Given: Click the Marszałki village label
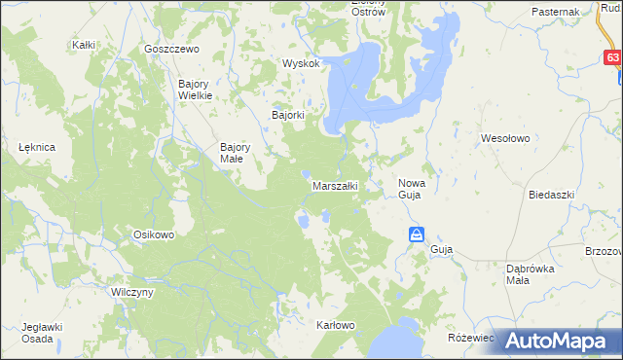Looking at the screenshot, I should [x=336, y=185].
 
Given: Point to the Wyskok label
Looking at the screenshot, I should [x=301, y=63].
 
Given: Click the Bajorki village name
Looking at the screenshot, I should [x=288, y=115].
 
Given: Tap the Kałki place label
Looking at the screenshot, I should [x=83, y=45].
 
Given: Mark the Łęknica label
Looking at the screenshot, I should [x=36, y=146].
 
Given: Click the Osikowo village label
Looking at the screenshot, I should [x=153, y=234].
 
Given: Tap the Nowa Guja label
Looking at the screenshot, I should [x=410, y=189].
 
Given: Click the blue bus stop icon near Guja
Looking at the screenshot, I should [x=416, y=234].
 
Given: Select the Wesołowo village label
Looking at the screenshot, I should [x=505, y=138].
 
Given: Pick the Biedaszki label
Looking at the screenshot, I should [x=552, y=195].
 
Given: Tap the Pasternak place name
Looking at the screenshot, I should [x=556, y=11].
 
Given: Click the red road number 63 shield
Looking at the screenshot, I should [x=611, y=58].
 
